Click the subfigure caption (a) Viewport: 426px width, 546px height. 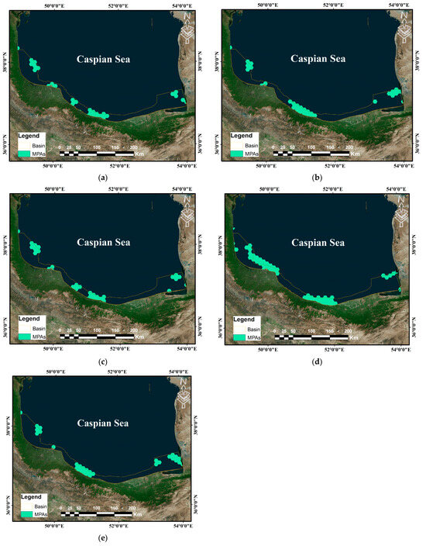click(103, 178)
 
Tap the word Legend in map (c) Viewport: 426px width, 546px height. click(30, 319)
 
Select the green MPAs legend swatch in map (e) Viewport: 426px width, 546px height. click(26, 515)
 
